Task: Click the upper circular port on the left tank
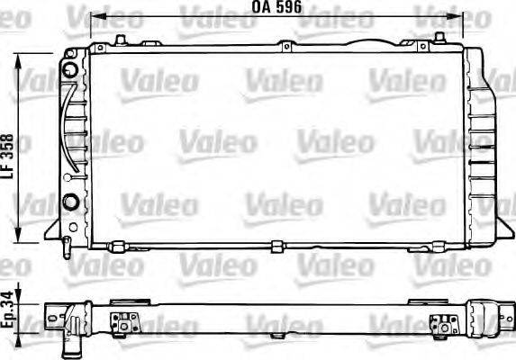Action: (x=69, y=70)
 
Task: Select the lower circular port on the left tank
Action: (x=69, y=199)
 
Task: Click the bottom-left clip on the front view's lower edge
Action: (x=113, y=245)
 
